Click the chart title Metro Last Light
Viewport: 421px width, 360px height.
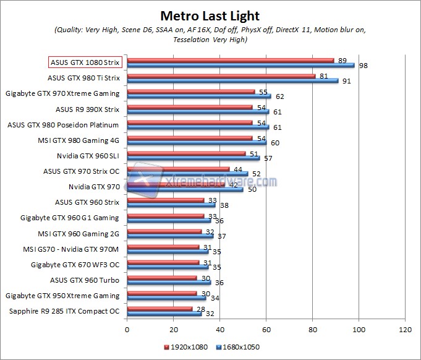point(210,15)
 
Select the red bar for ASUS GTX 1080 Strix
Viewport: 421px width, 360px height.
point(230,61)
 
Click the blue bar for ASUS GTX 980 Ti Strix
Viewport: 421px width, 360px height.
point(232,80)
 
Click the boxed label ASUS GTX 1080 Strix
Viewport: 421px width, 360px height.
point(85,62)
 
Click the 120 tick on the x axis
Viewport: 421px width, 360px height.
point(406,330)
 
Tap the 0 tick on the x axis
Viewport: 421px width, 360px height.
point(127,330)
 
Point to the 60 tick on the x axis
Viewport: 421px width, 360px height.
point(266,330)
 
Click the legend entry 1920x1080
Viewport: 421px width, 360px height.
point(189,347)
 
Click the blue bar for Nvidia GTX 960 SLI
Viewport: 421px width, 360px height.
point(193,158)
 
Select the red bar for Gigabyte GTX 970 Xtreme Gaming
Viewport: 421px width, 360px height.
point(190,92)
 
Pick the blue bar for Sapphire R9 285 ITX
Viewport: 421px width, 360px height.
point(164,313)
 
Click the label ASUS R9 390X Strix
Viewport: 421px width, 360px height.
point(87,109)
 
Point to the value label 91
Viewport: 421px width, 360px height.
point(347,80)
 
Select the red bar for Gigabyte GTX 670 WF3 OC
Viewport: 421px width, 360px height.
point(163,262)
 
